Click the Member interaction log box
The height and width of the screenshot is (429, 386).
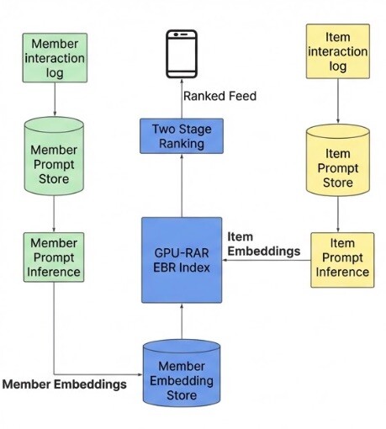(x=55, y=56)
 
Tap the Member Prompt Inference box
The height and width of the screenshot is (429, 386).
(x=55, y=257)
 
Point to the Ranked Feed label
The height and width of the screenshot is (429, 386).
(x=219, y=96)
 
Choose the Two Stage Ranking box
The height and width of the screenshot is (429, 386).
(x=182, y=135)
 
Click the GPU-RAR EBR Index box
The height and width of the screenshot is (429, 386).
(x=182, y=260)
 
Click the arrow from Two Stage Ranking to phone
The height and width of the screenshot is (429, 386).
(x=182, y=98)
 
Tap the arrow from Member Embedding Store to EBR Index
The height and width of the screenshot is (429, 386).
(x=182, y=320)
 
